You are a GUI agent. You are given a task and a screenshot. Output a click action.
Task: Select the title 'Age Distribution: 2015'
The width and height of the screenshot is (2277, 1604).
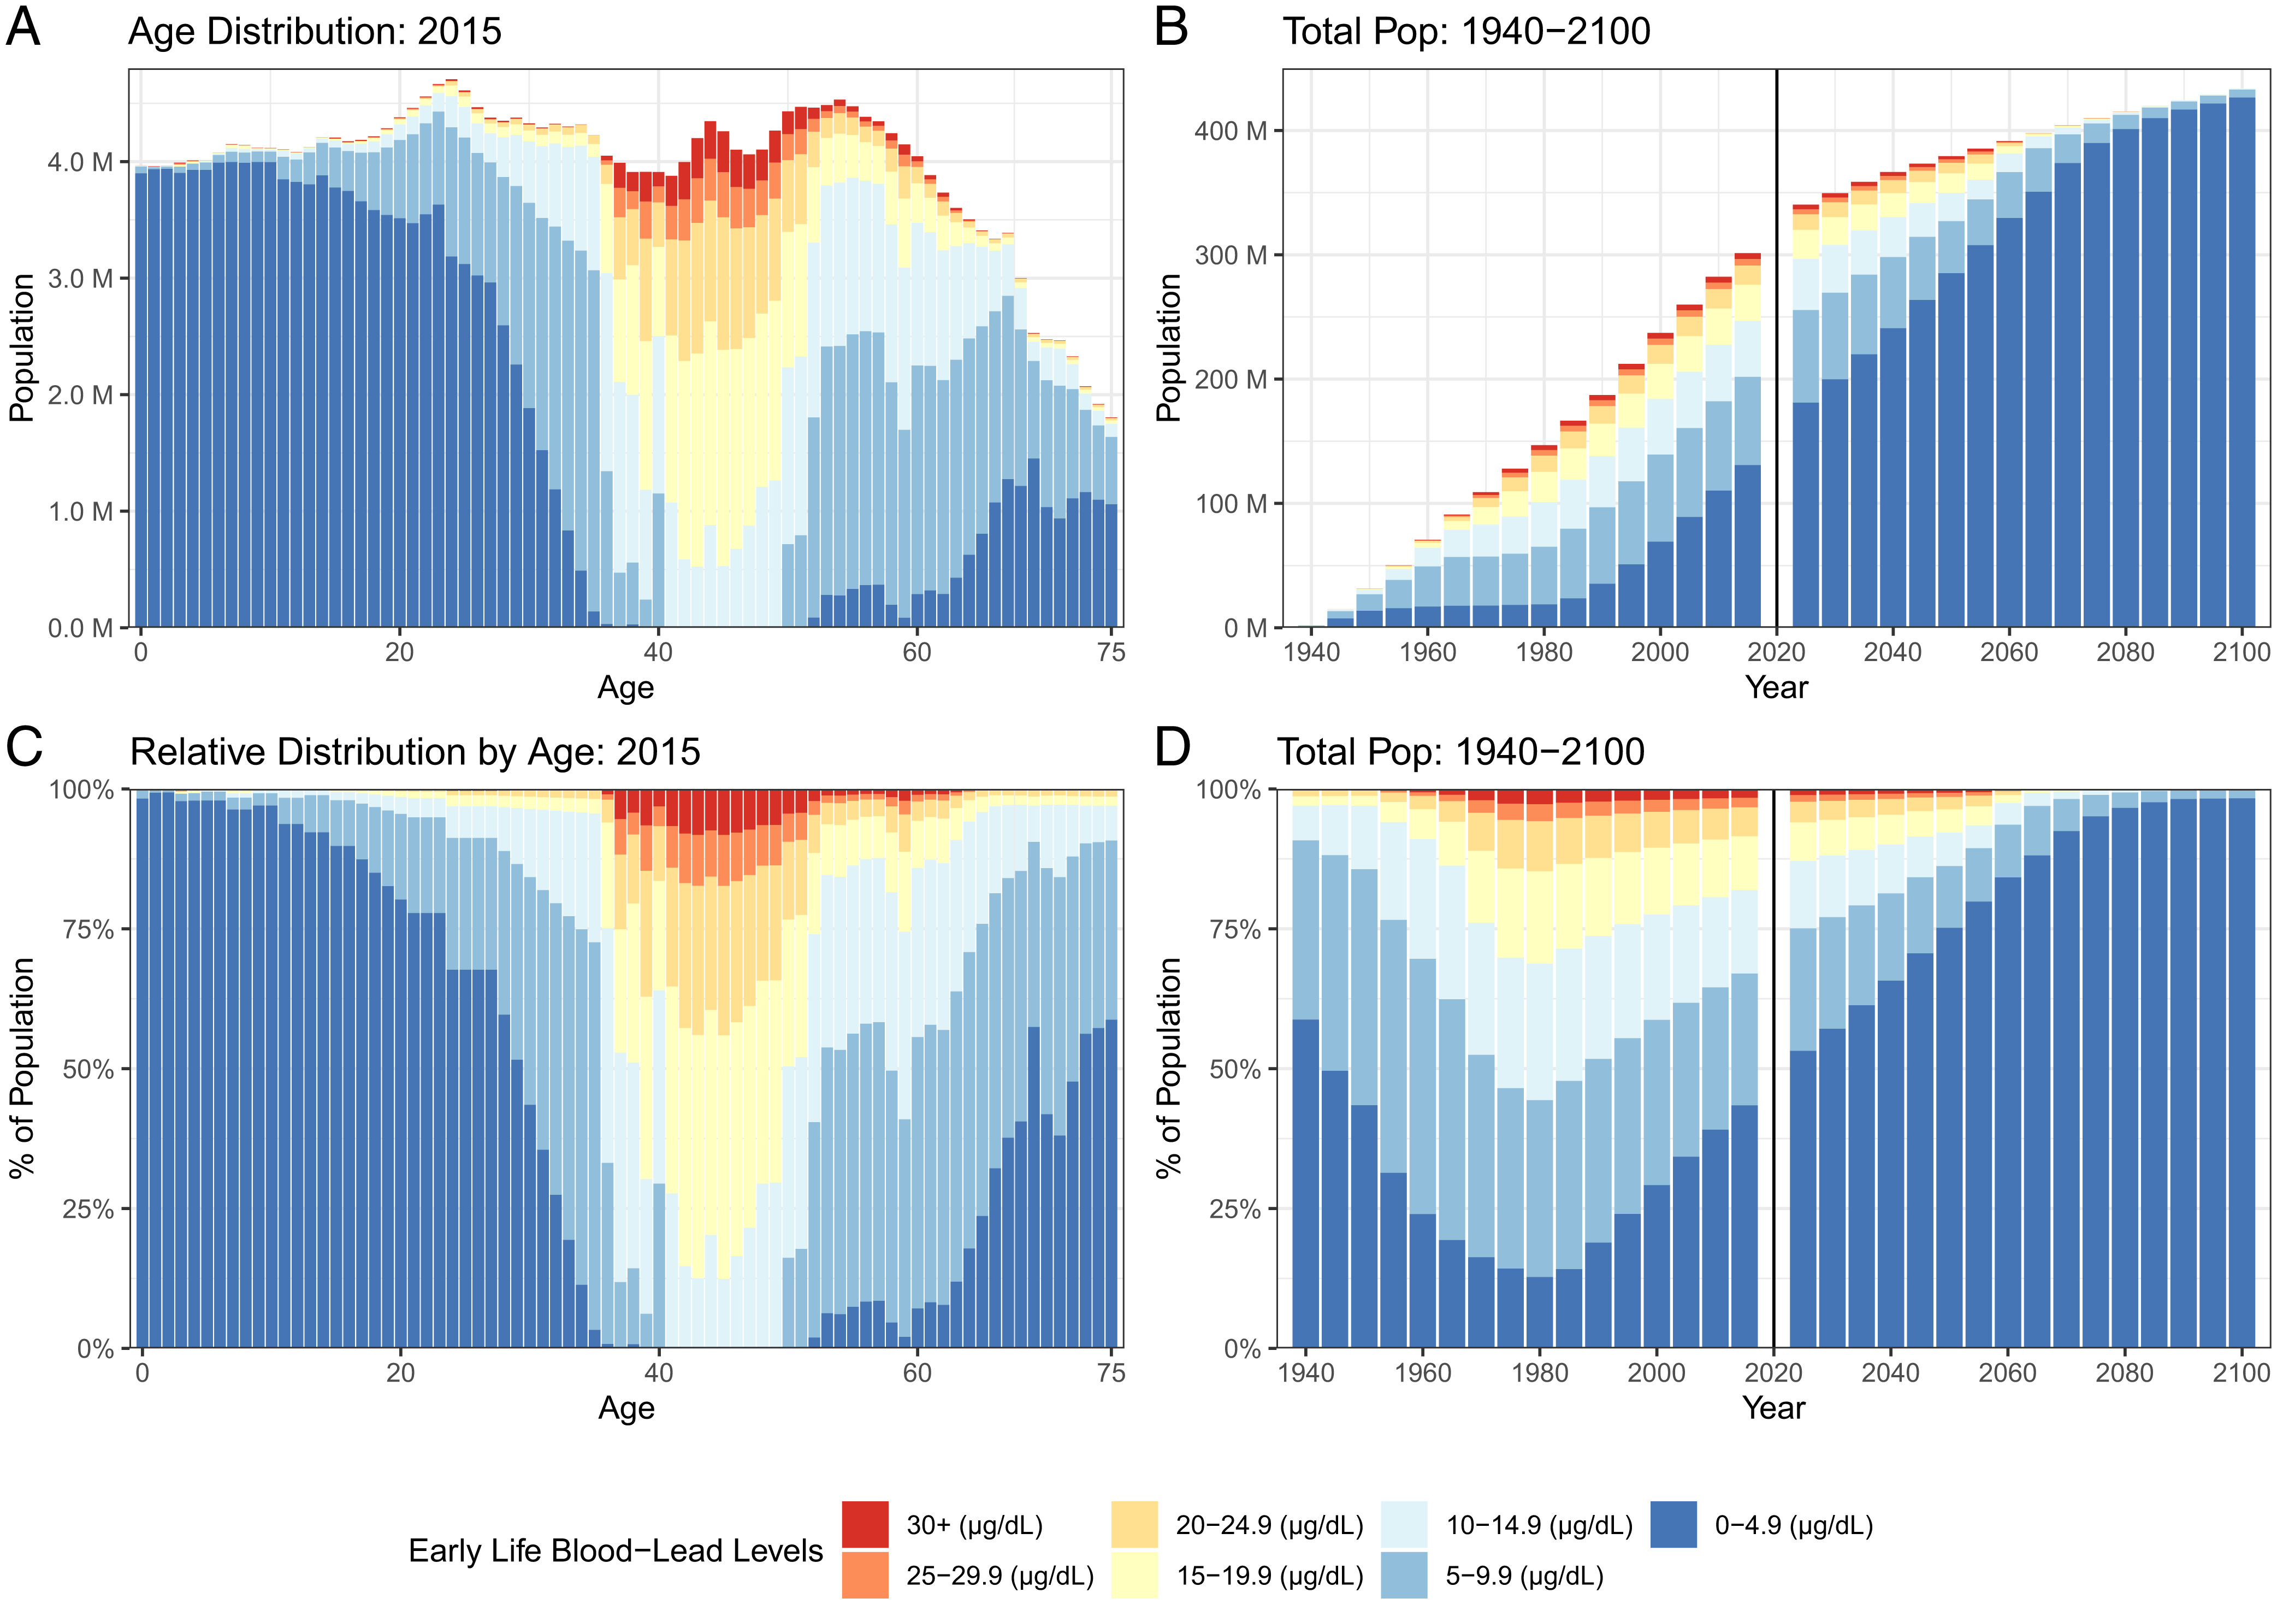[315, 32]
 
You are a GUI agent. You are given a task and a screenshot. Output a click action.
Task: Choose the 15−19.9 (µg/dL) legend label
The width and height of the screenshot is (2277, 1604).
[1269, 1576]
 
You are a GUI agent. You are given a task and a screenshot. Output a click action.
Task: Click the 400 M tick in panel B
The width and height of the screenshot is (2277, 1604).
[1231, 131]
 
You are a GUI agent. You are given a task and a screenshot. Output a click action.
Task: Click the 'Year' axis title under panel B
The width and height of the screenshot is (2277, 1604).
[1776, 687]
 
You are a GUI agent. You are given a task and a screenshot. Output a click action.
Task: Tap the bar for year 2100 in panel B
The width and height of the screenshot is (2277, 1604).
[2242, 357]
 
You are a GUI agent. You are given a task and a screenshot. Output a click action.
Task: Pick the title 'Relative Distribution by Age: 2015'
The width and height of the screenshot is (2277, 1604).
[415, 752]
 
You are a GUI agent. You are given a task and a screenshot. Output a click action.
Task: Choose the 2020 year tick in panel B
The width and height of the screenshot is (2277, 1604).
[1776, 653]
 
